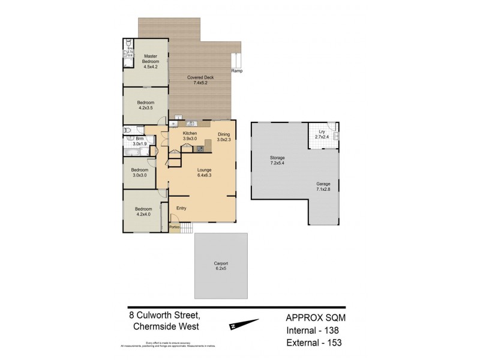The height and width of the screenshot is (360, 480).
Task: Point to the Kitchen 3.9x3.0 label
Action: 190,136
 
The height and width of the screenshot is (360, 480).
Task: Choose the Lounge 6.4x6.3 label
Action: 204,173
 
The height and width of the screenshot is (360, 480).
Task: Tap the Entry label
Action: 181,208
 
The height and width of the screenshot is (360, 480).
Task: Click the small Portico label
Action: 175,227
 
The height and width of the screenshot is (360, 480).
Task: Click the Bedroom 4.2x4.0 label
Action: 142,211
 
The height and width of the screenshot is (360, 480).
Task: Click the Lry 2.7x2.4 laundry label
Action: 322,135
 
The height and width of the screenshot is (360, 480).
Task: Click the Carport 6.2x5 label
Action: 221,266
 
